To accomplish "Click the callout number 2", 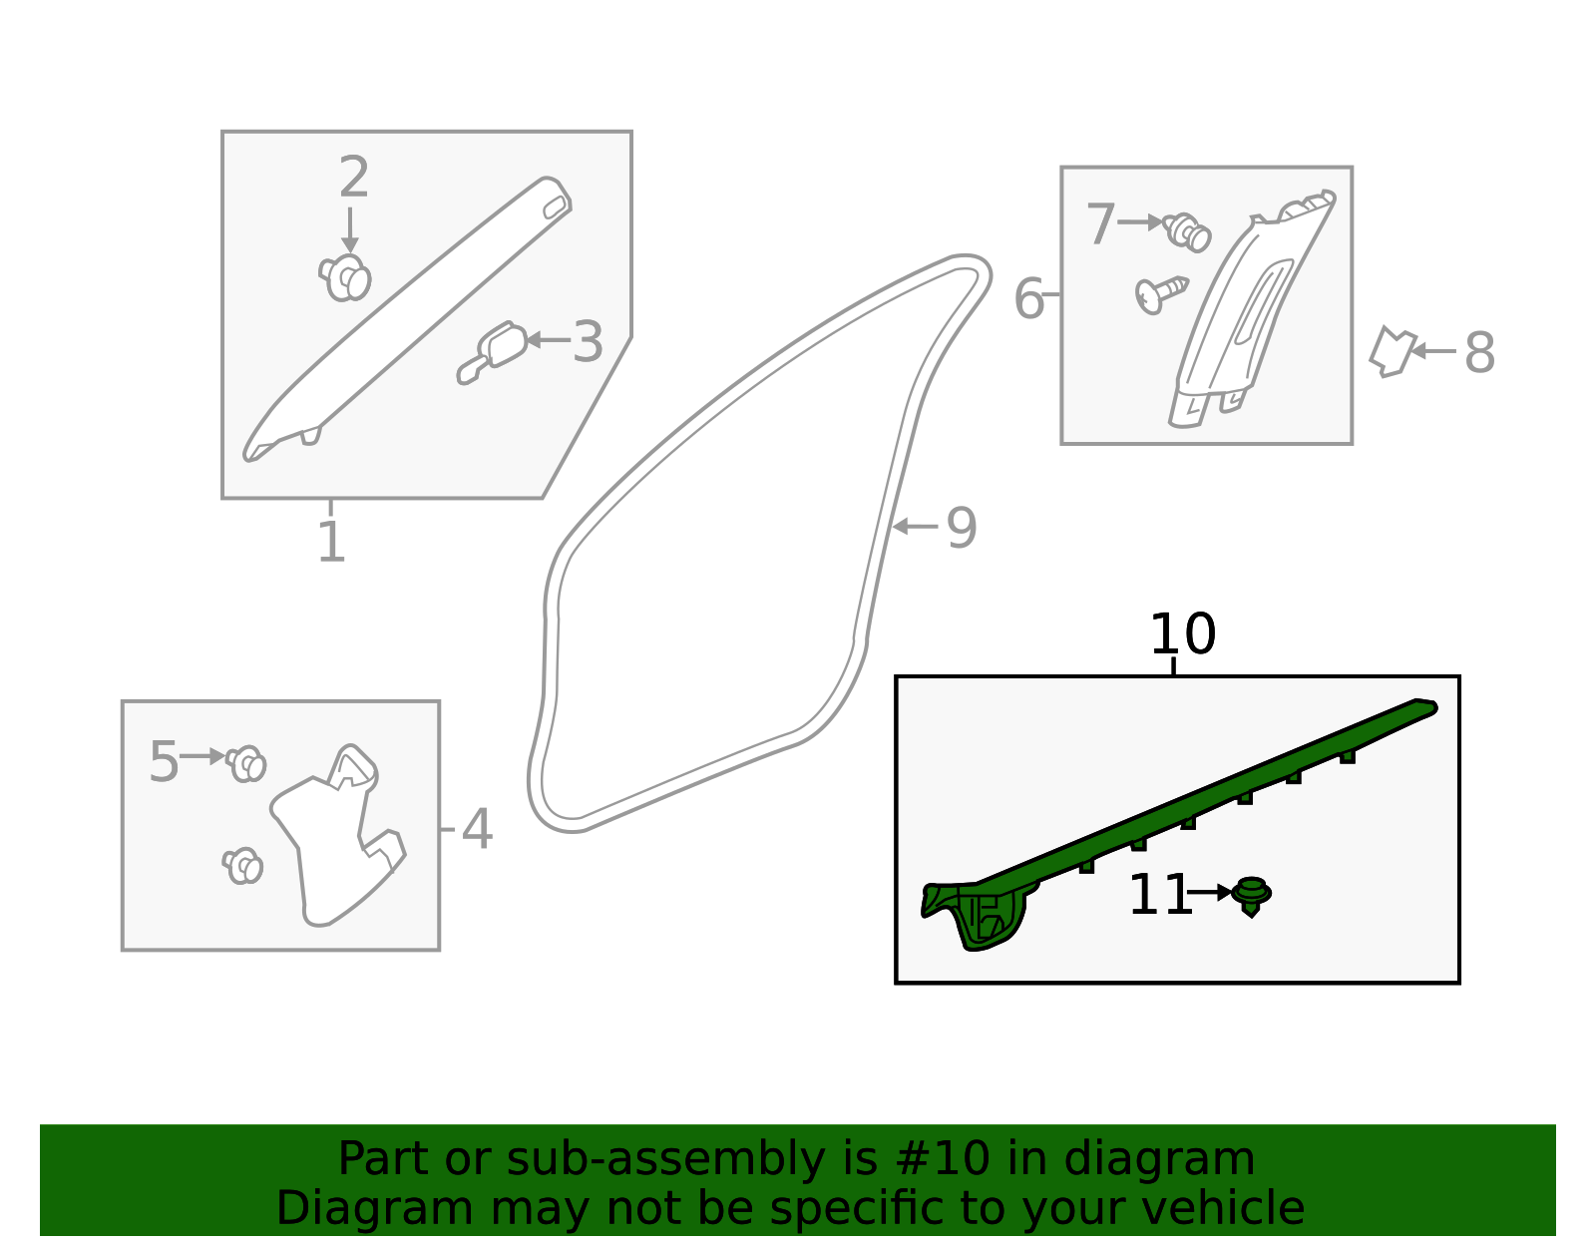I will [x=354, y=179].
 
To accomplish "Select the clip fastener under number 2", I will [x=346, y=277].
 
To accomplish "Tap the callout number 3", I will [x=588, y=342].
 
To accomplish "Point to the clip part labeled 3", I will [x=494, y=351].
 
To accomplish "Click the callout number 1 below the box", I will [x=331, y=543].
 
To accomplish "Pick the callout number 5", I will [x=164, y=763].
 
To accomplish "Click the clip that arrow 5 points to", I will [x=245, y=764].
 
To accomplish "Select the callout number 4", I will [x=477, y=830].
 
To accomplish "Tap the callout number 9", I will [x=961, y=528].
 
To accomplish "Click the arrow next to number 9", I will [x=913, y=527].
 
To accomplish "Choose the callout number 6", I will [x=1028, y=299].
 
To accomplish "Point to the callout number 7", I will [x=1100, y=224].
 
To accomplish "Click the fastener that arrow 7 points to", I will [x=1188, y=232].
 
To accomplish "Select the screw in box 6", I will [x=1160, y=293].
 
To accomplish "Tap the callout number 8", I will [x=1479, y=353].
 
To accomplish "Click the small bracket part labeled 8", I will [x=1392, y=351].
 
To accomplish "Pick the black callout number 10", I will [x=1183, y=634].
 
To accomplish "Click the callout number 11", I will [x=1159, y=895].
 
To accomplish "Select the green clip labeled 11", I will [x=1251, y=895].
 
